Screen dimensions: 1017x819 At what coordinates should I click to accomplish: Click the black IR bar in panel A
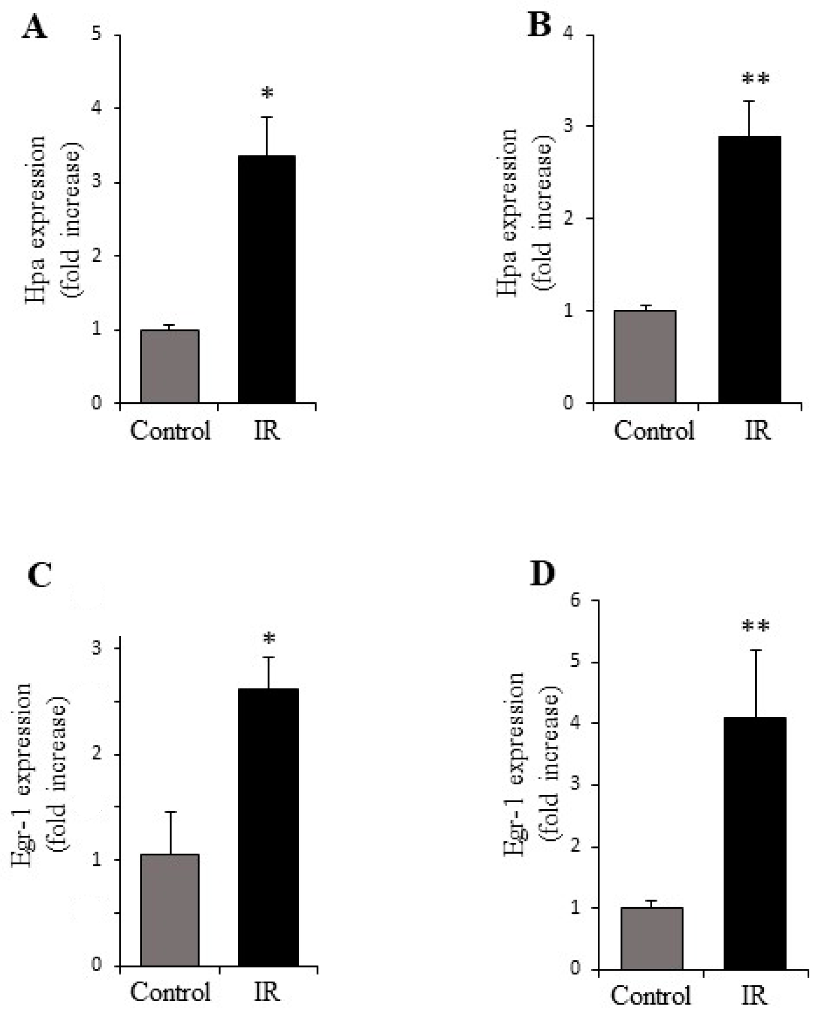(267, 279)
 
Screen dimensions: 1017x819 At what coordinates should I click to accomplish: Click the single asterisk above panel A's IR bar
(267, 94)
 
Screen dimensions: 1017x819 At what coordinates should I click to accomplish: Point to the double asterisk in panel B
(755, 80)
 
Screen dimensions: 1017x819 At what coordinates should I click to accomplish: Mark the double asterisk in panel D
(755, 626)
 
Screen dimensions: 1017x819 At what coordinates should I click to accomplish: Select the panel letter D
(542, 574)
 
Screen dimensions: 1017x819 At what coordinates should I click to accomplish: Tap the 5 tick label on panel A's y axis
(97, 35)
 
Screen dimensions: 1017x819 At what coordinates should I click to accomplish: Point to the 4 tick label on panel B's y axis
(568, 35)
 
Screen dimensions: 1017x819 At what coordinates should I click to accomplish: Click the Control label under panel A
(170, 430)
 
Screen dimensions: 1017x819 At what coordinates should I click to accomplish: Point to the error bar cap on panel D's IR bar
(755, 650)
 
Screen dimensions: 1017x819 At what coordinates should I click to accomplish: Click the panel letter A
(35, 28)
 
